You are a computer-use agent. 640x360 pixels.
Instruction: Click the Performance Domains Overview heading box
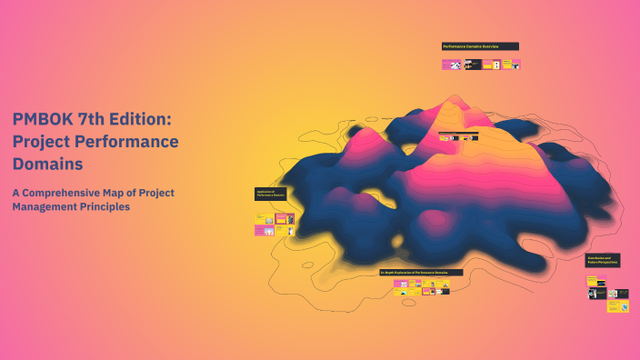(x=480, y=46)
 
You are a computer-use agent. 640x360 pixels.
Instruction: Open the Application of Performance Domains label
(x=271, y=194)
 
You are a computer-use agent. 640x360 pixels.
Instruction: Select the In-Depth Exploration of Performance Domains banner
(x=421, y=273)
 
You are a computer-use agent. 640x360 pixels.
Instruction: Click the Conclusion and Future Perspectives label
(x=603, y=261)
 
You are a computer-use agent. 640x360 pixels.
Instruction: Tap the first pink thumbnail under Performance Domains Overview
(x=452, y=65)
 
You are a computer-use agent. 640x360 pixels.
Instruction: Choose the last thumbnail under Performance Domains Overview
(x=514, y=65)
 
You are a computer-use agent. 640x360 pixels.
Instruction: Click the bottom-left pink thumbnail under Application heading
(x=265, y=232)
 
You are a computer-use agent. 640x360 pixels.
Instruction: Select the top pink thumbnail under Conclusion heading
(x=596, y=281)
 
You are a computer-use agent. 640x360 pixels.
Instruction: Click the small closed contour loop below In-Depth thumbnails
(x=409, y=301)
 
